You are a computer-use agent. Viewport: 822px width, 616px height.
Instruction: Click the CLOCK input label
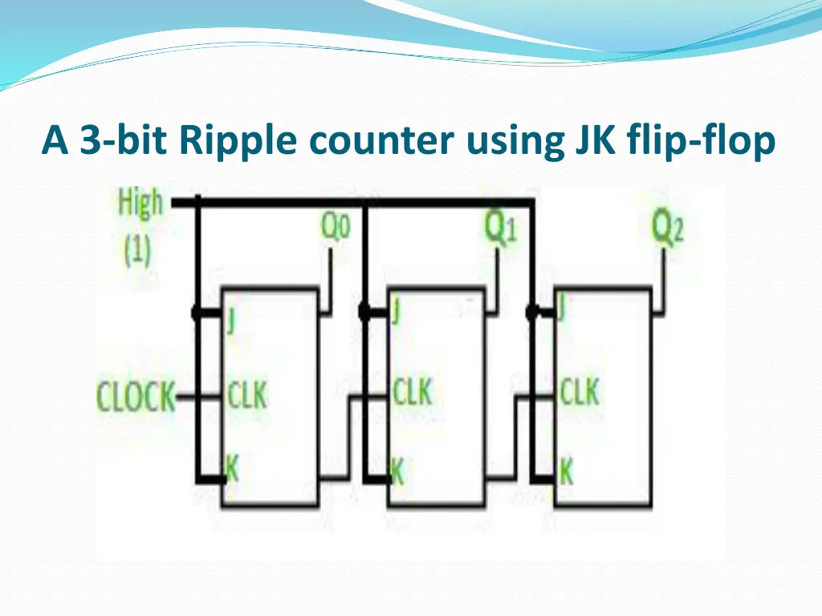click(136, 396)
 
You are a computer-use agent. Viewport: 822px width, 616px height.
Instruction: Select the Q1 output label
click(499, 228)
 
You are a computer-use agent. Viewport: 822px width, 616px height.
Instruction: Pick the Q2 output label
click(666, 228)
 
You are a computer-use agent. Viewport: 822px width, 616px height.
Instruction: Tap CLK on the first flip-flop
click(246, 395)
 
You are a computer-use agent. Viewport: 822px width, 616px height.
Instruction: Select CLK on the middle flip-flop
click(411, 393)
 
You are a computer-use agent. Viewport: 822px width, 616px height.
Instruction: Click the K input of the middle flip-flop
click(397, 471)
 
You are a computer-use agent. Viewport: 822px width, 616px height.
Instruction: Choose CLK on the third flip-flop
click(579, 393)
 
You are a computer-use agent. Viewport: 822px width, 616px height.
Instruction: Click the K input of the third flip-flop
click(566, 471)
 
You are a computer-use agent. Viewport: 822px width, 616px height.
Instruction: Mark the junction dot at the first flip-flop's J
click(197, 314)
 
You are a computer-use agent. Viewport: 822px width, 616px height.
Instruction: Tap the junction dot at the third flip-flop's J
click(531, 312)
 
